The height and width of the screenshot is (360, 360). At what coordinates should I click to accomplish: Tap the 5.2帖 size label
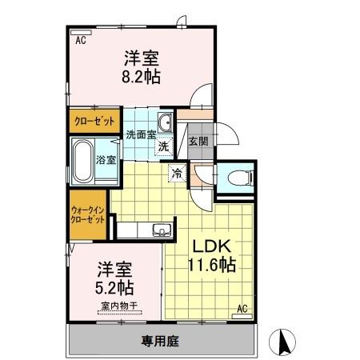pyautogui.click(x=115, y=287)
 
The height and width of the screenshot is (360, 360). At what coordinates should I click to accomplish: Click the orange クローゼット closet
pyautogui.click(x=93, y=122)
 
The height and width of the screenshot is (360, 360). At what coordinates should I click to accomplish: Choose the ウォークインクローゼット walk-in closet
pyautogui.click(x=88, y=214)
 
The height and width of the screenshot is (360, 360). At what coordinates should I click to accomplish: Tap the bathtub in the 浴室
pyautogui.click(x=83, y=159)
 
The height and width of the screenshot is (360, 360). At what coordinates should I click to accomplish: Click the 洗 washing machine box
pyautogui.click(x=163, y=146)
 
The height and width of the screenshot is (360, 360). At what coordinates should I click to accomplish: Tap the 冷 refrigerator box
pyautogui.click(x=175, y=171)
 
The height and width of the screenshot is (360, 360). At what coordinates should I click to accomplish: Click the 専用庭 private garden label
pyautogui.click(x=160, y=341)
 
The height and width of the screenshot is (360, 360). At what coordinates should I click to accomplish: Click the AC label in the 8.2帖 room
pyautogui.click(x=80, y=39)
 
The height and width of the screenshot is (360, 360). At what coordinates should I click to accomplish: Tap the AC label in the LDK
pyautogui.click(x=242, y=309)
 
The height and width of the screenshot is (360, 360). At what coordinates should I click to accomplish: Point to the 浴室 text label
pyautogui.click(x=107, y=159)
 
